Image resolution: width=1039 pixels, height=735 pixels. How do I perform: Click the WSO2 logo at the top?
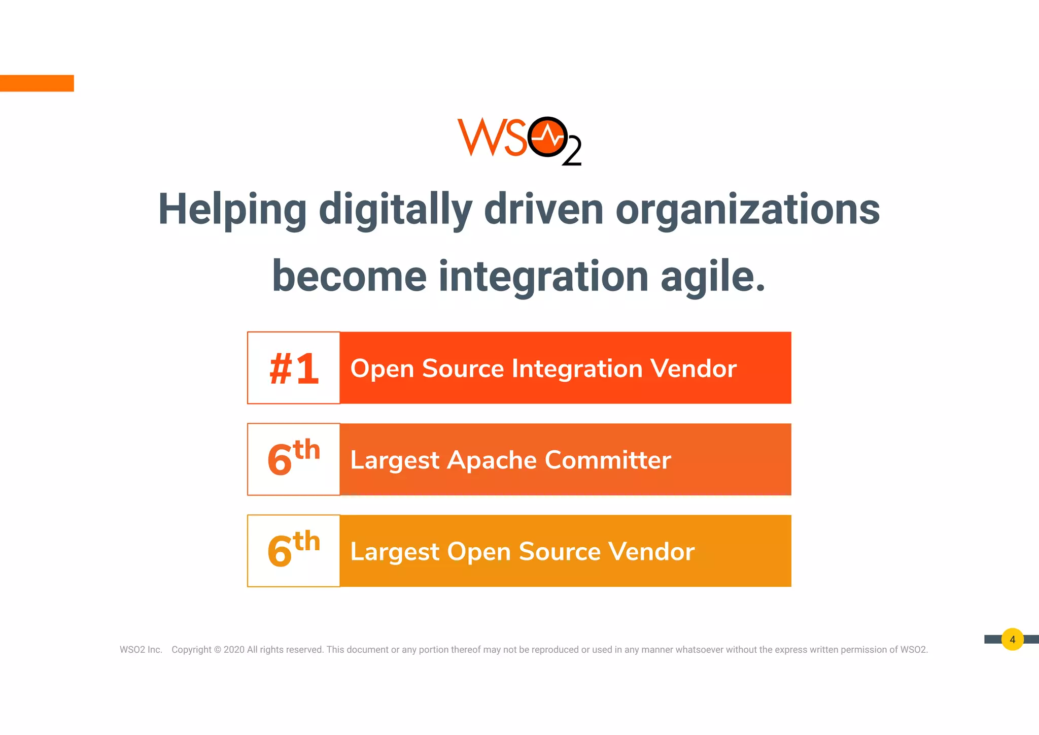coord(518,141)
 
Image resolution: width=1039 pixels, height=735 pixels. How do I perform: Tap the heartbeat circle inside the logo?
coord(547,137)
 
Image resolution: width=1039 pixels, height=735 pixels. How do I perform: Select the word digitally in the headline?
coord(395,210)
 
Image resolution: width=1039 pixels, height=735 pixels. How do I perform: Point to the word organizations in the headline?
coord(747,210)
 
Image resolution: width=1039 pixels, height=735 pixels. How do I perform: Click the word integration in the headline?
coord(543,277)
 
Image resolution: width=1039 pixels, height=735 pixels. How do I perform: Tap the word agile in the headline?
coord(712,277)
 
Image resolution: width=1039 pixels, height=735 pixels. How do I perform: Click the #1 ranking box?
coord(294,368)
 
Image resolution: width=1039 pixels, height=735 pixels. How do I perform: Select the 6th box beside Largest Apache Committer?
coord(294,459)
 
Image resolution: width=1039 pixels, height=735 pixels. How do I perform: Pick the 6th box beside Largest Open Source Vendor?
coord(294,551)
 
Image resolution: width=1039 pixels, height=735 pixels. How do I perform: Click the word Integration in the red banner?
coord(577,369)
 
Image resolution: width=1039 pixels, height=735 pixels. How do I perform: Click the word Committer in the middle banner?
coord(607,460)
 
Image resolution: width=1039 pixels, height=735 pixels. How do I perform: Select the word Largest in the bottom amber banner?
coord(394,552)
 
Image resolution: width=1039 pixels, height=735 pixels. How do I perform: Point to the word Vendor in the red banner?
coord(693,369)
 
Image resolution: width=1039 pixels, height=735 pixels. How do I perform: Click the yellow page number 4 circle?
coord(1012,640)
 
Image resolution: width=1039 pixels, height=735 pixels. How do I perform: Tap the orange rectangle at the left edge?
coord(37,83)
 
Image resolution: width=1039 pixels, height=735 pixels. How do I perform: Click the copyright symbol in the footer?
coord(218,650)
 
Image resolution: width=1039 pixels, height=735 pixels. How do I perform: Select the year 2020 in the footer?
coord(234,650)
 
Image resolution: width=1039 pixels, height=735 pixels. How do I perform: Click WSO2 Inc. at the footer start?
coord(141,650)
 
